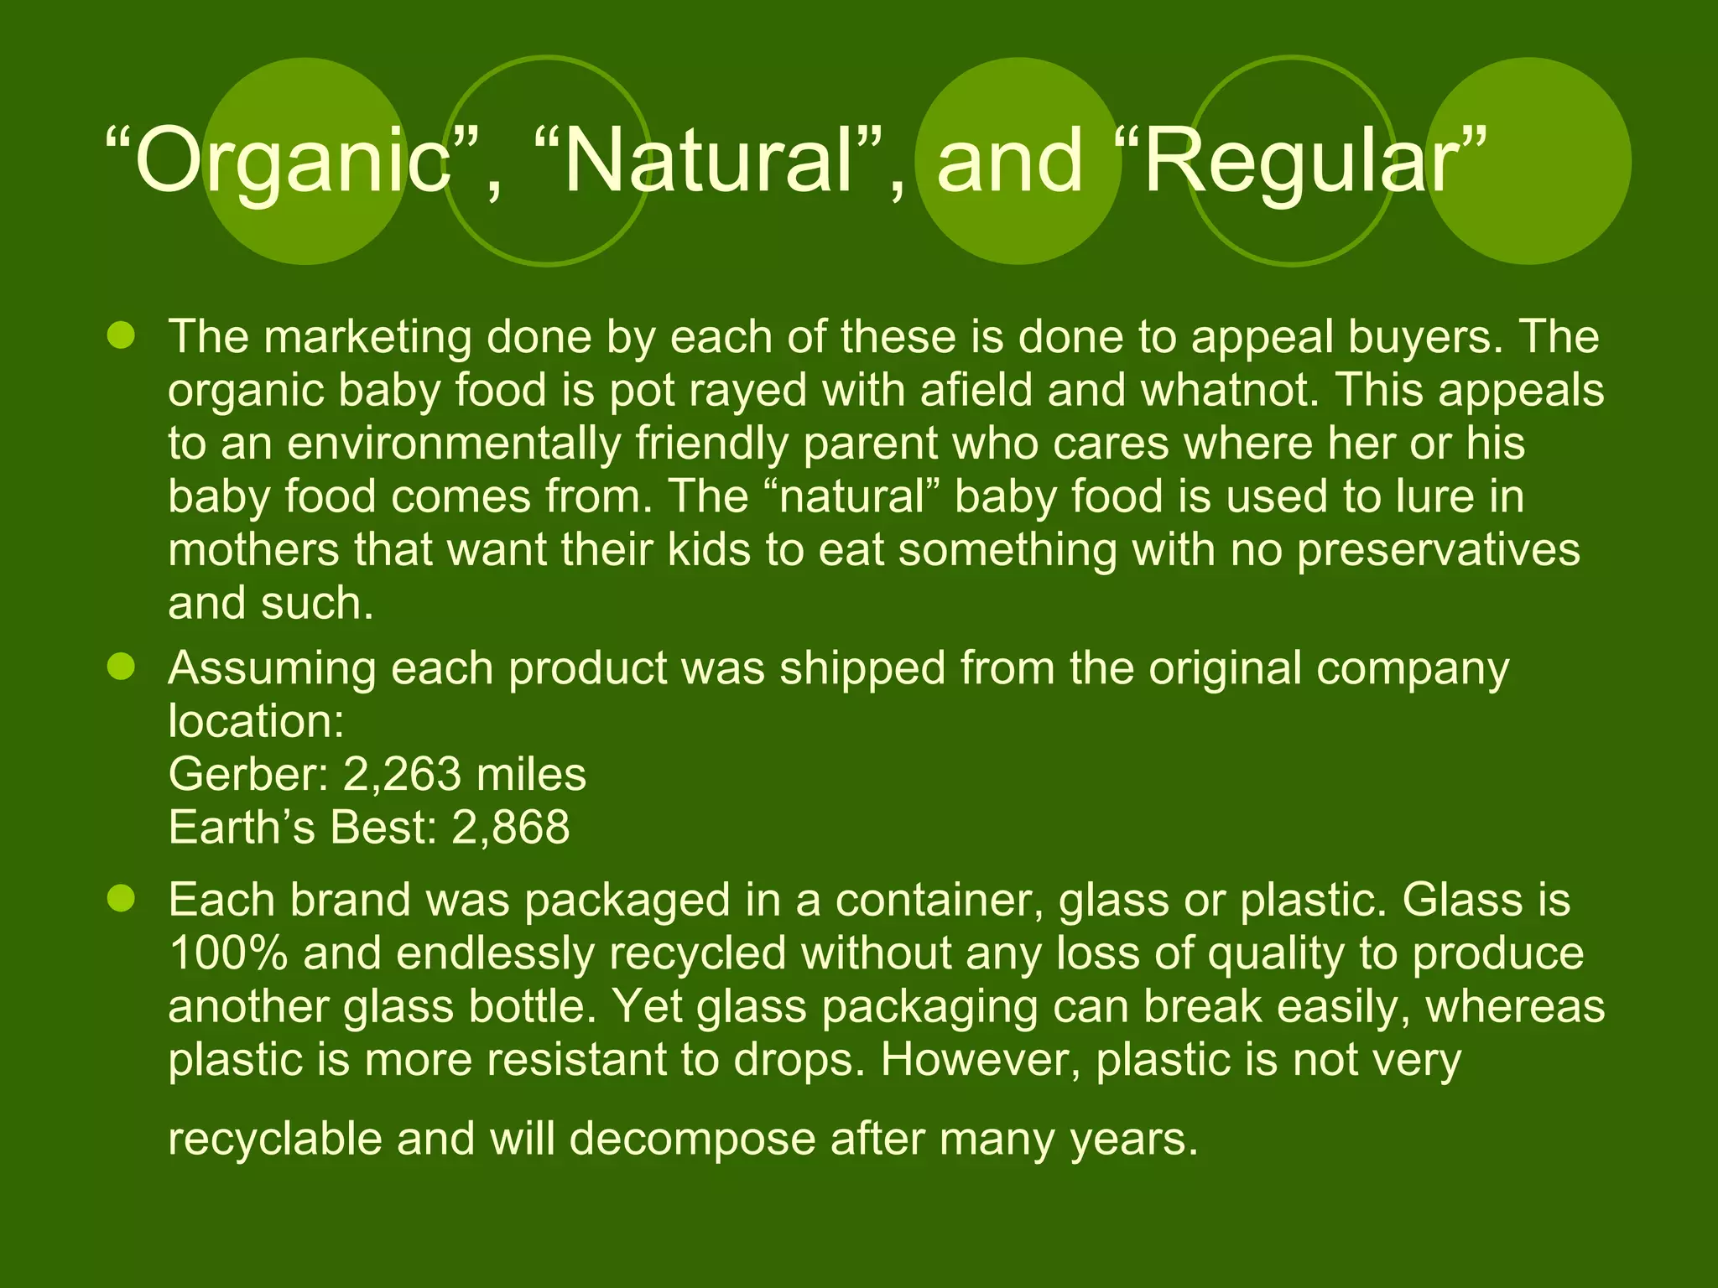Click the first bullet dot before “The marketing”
click(x=122, y=336)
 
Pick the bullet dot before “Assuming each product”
click(x=122, y=667)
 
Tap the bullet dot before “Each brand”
click(x=122, y=899)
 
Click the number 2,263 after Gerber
click(x=401, y=774)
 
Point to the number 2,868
click(x=510, y=827)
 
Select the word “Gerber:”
click(x=248, y=774)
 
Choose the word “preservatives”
click(x=1438, y=550)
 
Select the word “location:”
click(x=256, y=721)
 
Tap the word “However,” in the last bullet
click(x=980, y=1060)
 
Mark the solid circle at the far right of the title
click(x=1528, y=161)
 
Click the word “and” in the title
click(x=1009, y=161)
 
